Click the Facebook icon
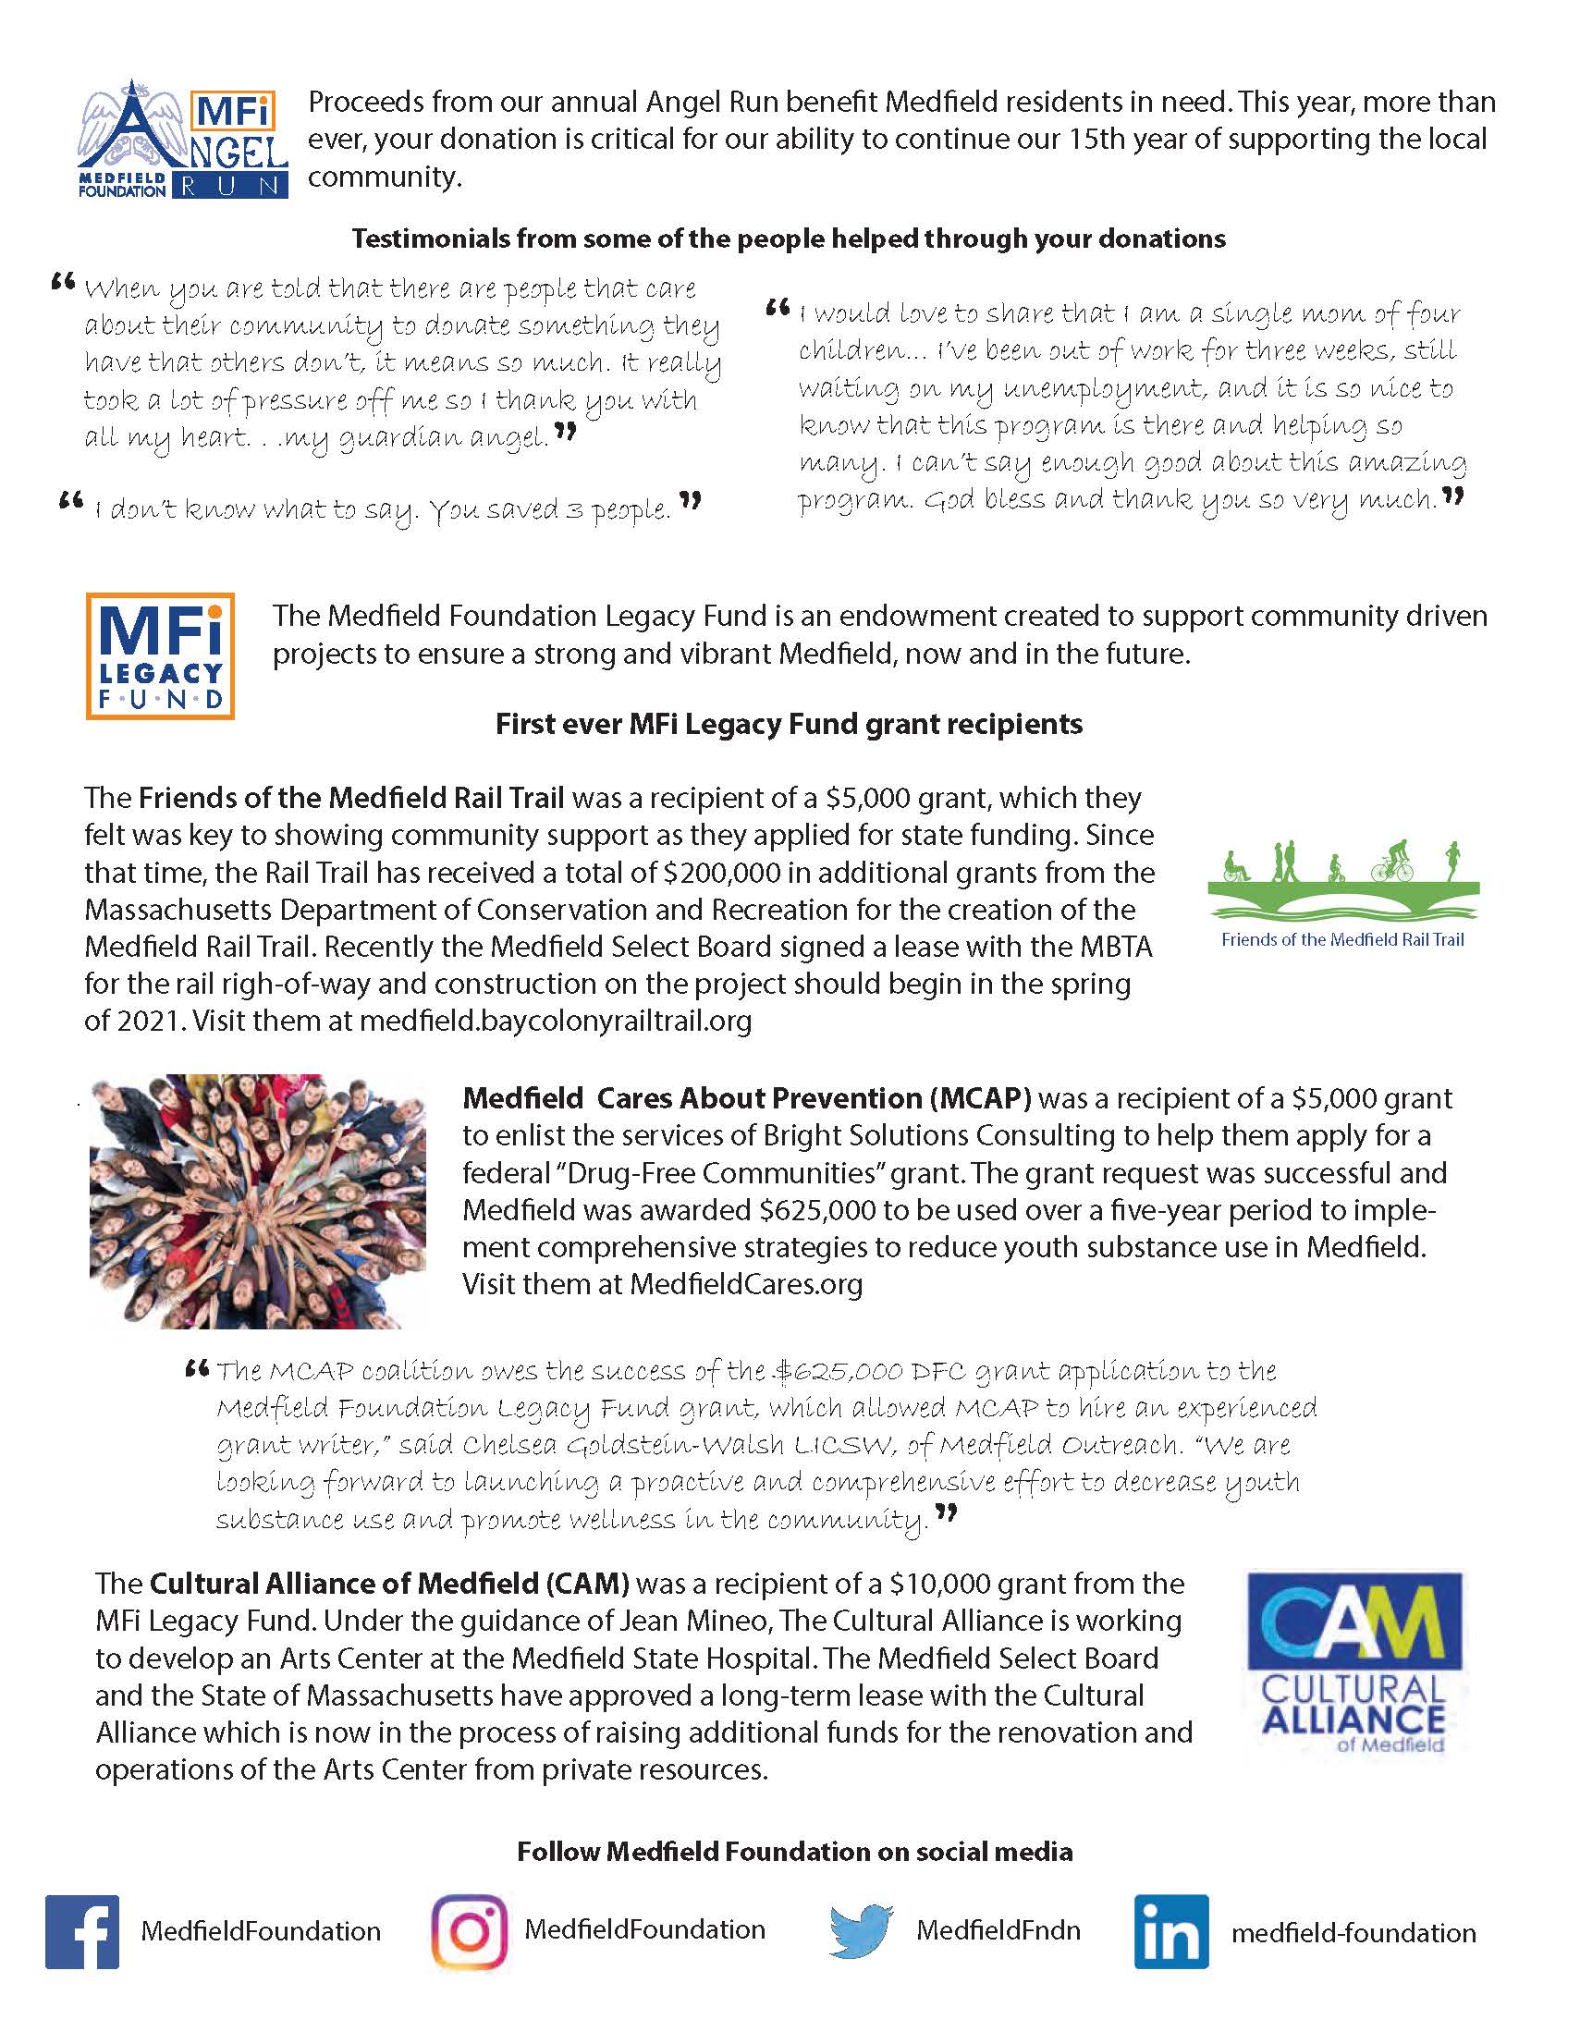(x=82, y=1932)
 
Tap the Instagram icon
(x=469, y=1932)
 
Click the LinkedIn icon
(x=1170, y=1932)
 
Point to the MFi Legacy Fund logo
(x=160, y=655)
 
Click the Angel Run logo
(x=182, y=139)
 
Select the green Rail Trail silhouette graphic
(x=1343, y=885)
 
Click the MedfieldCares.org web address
(x=746, y=1283)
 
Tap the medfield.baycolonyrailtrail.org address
(x=555, y=1020)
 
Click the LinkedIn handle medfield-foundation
(x=1353, y=1933)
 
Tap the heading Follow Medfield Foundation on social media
(x=795, y=1851)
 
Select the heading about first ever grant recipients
(x=789, y=724)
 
